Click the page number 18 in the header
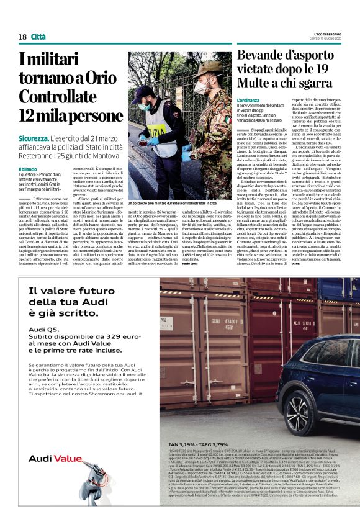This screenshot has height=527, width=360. click(22, 37)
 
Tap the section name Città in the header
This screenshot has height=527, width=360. click(38, 37)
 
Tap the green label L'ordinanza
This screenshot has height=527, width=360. click(251, 100)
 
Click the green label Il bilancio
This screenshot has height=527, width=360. click(28, 169)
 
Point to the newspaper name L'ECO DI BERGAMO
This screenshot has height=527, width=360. click(331, 33)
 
